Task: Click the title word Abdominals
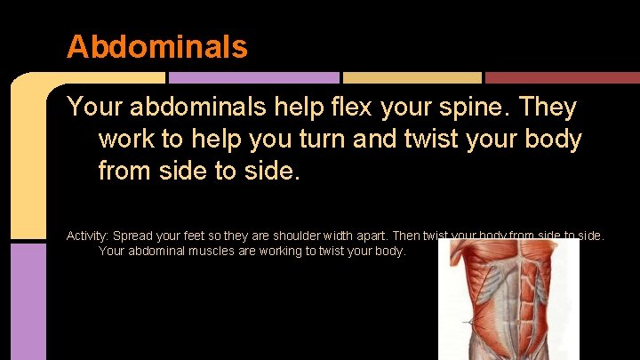[156, 46]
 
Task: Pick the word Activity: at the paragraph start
[88, 236]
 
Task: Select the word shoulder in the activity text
[281, 236]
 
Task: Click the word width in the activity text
[327, 236]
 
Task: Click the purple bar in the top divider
[253, 78]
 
